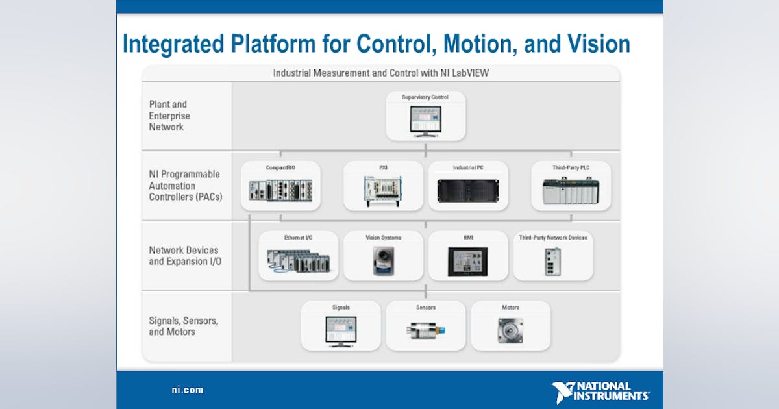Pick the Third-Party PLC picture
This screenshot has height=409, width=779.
pyautogui.click(x=571, y=191)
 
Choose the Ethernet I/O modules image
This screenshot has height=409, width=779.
pyautogui.click(x=298, y=260)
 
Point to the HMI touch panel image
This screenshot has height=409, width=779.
pyautogui.click(x=467, y=262)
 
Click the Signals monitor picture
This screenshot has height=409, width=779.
pyautogui.click(x=341, y=330)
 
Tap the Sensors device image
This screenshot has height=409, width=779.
pyautogui.click(x=425, y=330)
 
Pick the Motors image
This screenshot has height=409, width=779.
pyautogui.click(x=510, y=330)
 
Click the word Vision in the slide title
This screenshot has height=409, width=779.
pyautogui.click(x=596, y=44)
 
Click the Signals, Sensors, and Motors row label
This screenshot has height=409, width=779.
pyautogui.click(x=184, y=326)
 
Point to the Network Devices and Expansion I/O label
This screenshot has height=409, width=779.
pyautogui.click(x=184, y=255)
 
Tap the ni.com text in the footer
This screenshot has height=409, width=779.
pyautogui.click(x=187, y=390)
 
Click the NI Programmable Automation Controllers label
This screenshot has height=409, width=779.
pyautogui.click(x=185, y=185)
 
